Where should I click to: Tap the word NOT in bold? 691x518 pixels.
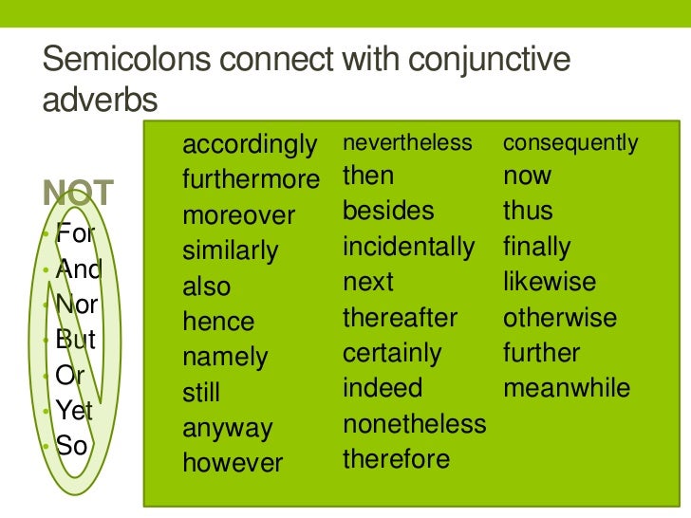(x=79, y=194)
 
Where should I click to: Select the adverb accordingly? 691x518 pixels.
(x=249, y=146)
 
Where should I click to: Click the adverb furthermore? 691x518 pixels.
(x=252, y=180)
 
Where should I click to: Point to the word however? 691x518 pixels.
(x=233, y=463)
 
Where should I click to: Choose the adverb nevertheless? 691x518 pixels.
(x=407, y=143)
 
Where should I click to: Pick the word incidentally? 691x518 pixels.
(x=408, y=248)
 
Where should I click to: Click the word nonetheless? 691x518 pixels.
(x=414, y=424)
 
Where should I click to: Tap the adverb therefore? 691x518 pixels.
(x=396, y=459)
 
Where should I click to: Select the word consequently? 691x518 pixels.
(x=570, y=143)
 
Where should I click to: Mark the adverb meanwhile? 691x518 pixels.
(x=567, y=389)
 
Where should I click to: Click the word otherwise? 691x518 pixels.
(x=560, y=318)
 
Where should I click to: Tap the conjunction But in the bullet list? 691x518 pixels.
(x=76, y=341)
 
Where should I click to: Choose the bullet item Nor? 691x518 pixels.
(x=77, y=305)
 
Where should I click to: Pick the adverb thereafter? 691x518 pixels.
(x=400, y=318)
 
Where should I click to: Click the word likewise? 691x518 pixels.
(x=550, y=283)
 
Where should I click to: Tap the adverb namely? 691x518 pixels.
(x=225, y=358)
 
